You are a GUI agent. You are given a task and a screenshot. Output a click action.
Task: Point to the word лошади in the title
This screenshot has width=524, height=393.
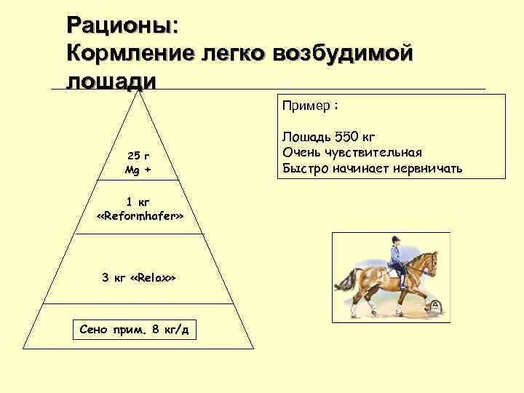[x=111, y=79]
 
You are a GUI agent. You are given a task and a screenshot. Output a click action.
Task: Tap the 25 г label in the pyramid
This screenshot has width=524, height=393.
[x=138, y=156]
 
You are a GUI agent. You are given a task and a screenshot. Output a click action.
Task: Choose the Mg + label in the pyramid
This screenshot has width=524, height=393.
[x=138, y=170]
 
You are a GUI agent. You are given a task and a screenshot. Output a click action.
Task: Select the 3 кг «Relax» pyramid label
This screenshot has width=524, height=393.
[x=138, y=278]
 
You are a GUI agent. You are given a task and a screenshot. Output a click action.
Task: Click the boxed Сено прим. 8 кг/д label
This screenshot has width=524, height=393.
[x=134, y=330]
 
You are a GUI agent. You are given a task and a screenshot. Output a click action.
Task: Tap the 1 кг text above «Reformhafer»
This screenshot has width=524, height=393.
[x=138, y=202]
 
